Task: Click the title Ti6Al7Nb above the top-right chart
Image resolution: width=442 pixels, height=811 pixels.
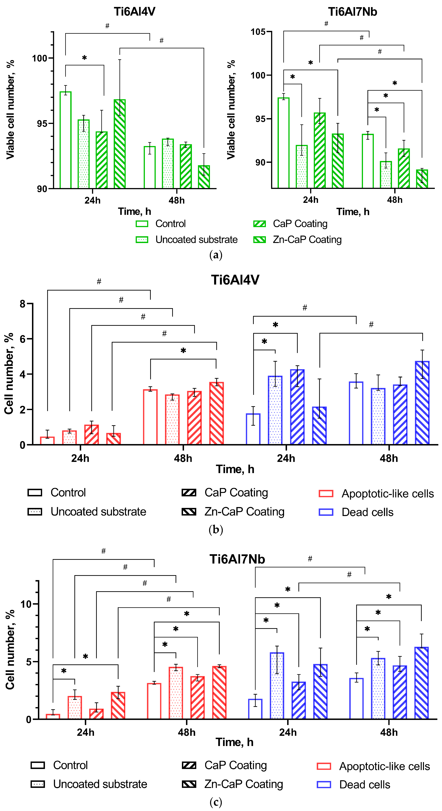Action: (x=352, y=12)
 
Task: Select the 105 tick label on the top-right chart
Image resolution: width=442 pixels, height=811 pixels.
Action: (x=258, y=32)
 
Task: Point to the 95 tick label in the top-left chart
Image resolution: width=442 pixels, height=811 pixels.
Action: (x=42, y=123)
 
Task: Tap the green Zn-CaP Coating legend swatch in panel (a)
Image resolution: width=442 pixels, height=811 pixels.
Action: (x=260, y=240)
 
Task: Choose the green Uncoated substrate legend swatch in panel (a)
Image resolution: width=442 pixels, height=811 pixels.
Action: (x=142, y=240)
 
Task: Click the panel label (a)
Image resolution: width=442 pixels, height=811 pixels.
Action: (x=216, y=255)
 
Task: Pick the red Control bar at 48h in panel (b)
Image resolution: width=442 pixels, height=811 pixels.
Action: (x=150, y=417)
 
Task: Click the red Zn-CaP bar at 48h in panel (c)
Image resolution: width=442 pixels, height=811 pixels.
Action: (x=219, y=693)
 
